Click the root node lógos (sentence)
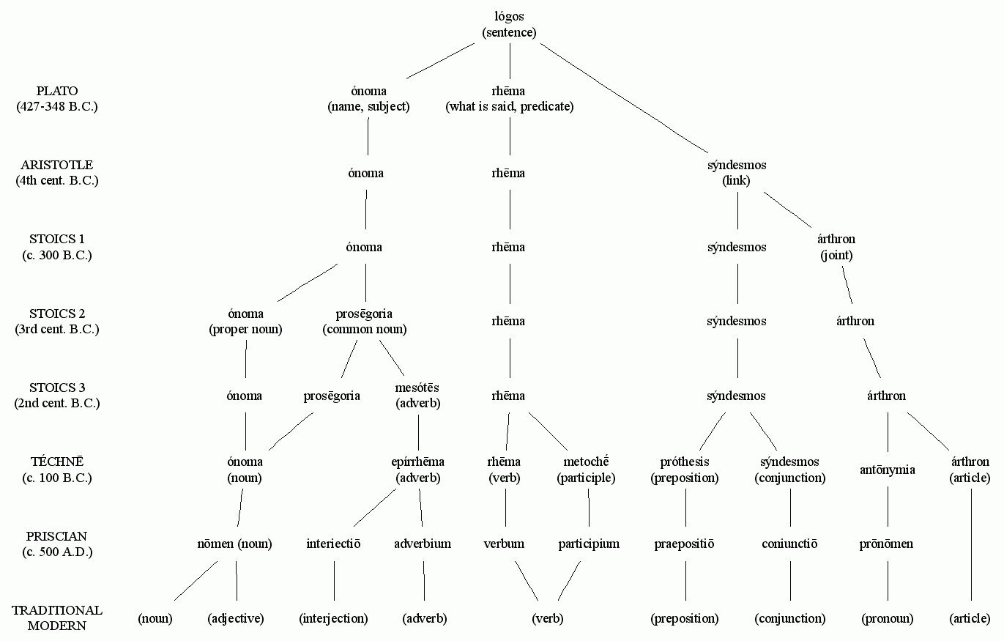tap(509, 25)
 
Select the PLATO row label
tap(57, 99)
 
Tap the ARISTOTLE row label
tap(57, 173)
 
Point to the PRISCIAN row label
tap(57, 544)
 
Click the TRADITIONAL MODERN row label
tap(57, 618)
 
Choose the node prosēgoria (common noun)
tap(365, 322)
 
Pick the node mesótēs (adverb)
tap(418, 396)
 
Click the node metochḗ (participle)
tap(586, 470)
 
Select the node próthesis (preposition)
tap(685, 470)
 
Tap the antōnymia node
tap(887, 470)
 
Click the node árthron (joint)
tap(836, 248)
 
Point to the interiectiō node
tap(333, 544)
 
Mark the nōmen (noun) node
tap(235, 544)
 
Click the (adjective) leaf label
tap(235, 618)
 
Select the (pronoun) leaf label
tap(888, 618)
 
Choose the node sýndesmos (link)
tap(737, 173)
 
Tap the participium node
tap(589, 544)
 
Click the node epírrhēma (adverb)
tap(417, 470)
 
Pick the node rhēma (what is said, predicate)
tap(510, 99)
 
